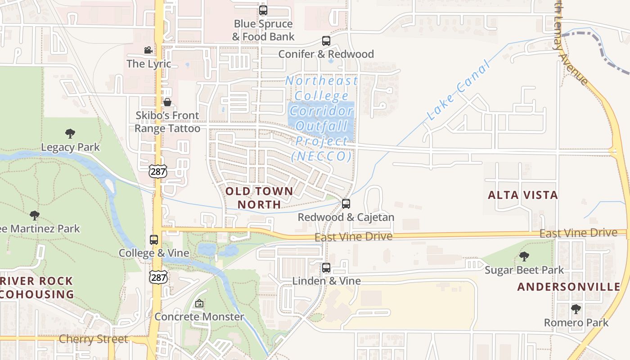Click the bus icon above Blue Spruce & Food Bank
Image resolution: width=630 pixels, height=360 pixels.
coord(263,10)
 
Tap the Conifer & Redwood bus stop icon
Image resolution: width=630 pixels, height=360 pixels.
coord(326,41)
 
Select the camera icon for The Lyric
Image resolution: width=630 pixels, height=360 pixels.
coord(148,50)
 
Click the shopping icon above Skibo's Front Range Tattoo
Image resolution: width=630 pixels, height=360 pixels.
coord(167,102)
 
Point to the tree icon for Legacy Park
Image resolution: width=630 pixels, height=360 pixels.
coord(70,133)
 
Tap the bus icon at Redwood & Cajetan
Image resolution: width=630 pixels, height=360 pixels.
coord(346,204)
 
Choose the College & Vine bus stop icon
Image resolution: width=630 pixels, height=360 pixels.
coord(154,239)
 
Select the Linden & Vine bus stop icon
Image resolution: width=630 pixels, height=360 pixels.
coord(326,268)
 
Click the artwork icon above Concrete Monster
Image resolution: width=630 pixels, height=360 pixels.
coord(199,304)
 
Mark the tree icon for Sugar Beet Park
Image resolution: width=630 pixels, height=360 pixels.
coord(524,256)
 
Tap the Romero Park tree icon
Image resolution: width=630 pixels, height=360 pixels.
coord(576,309)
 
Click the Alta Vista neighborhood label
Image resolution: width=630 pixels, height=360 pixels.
coord(523,195)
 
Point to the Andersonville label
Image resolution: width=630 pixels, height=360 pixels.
coord(569,287)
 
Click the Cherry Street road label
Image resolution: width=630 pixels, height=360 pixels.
coord(94,339)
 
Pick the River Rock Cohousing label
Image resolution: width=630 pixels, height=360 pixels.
coord(37,288)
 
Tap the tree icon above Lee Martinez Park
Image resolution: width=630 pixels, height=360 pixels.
coord(35,216)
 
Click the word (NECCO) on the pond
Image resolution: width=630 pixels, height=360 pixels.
coord(321,156)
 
